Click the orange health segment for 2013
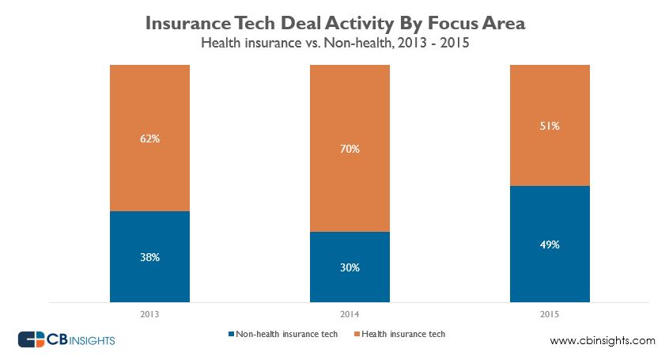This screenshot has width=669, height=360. (149, 111)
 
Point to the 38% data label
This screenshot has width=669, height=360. (149, 257)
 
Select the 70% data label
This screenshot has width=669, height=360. (350, 148)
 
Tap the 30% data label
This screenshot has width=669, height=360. (350, 267)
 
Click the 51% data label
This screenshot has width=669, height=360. (550, 125)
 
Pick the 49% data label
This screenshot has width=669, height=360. (550, 244)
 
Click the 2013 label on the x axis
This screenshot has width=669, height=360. (149, 313)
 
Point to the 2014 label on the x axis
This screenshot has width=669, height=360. (350, 313)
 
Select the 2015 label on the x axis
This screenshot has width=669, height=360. (550, 313)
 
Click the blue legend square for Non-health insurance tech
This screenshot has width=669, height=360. (231, 334)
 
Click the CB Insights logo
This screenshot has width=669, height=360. (67, 339)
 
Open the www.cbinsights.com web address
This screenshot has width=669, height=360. (602, 341)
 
